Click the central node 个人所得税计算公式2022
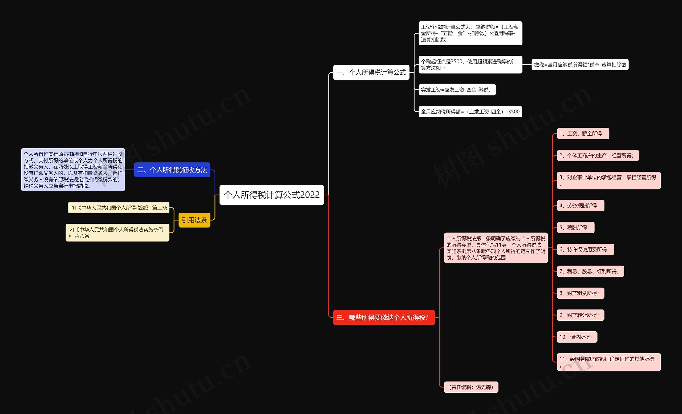point(271,195)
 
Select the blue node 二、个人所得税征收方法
point(172,170)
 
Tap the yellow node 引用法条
point(194,220)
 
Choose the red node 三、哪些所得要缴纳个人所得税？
point(384,317)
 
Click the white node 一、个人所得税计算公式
point(371,73)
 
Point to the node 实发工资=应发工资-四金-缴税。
point(457,90)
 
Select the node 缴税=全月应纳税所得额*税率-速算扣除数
point(580,65)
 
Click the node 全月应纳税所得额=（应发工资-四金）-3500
point(470,112)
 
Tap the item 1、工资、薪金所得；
point(583,134)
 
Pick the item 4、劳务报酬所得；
point(580,206)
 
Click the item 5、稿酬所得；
point(575,228)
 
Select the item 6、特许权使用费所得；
point(585,250)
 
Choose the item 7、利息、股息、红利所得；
point(590,271)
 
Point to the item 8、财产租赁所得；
point(580,293)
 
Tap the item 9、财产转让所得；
point(580,315)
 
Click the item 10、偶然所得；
point(577,337)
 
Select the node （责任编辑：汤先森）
point(471,387)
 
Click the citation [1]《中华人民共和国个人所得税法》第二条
point(119,208)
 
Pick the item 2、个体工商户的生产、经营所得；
point(598,156)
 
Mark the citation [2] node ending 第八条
point(117,233)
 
